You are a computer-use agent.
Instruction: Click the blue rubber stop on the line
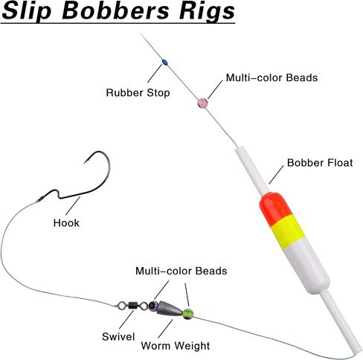point(164,62)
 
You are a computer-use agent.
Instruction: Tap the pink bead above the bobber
point(202,103)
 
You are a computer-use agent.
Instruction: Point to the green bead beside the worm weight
point(187,314)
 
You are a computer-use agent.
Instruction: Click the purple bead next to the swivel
point(154,306)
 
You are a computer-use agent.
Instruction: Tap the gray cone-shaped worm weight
point(170,309)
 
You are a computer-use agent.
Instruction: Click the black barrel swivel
point(132,305)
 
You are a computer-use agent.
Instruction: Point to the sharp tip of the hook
point(85,163)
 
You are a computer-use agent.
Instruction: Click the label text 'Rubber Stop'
point(138,93)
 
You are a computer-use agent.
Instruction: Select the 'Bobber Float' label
point(320,163)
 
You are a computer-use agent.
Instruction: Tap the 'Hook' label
point(66,223)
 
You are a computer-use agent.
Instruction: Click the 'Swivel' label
point(118,336)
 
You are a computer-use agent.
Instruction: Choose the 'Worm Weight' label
point(176,346)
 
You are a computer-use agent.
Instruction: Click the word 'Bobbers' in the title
point(115,10)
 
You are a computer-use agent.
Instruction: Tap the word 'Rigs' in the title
point(207,12)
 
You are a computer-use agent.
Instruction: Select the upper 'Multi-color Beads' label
point(272,77)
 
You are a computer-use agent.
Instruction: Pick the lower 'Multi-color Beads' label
point(181,271)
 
